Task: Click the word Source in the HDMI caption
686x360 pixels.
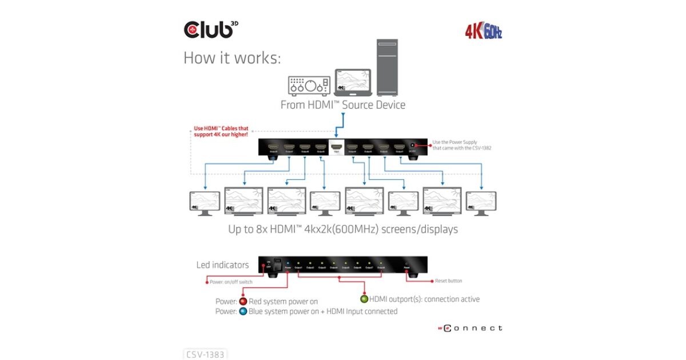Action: (355, 105)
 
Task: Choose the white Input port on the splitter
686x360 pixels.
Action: (336, 148)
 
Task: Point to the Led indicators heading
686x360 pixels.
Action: (222, 265)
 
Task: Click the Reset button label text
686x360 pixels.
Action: (448, 281)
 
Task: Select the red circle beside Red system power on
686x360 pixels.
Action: (242, 301)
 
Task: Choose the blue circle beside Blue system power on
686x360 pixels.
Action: (242, 311)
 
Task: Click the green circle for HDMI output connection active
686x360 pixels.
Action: (363, 299)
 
